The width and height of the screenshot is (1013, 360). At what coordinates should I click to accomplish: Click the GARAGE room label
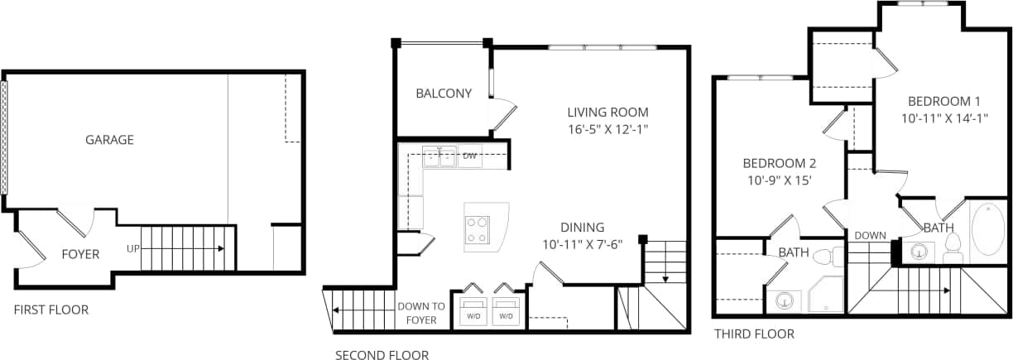pos(109,140)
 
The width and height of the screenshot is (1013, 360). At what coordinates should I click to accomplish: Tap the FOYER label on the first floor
pos(80,254)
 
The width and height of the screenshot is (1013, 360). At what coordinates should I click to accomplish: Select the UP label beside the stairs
pos(132,248)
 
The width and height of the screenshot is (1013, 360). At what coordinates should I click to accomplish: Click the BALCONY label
pos(444,94)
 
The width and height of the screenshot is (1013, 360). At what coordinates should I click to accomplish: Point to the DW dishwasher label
pos(469,156)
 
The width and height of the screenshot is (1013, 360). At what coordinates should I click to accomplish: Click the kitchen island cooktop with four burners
pos(477,229)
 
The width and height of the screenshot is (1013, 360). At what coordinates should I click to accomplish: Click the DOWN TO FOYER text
pos(421,312)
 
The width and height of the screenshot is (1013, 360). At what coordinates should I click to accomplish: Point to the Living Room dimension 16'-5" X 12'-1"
pos(607,129)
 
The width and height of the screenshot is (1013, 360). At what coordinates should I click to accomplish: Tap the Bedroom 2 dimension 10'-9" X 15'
pos(779,180)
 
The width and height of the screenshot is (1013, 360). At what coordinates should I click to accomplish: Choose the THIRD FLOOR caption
pos(754,334)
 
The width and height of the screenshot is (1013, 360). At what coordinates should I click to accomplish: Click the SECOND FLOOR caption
pos(382,356)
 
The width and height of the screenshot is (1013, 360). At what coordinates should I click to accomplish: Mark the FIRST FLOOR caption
pos(51,310)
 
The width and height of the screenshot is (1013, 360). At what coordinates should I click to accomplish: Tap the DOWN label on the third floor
pos(870,236)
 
